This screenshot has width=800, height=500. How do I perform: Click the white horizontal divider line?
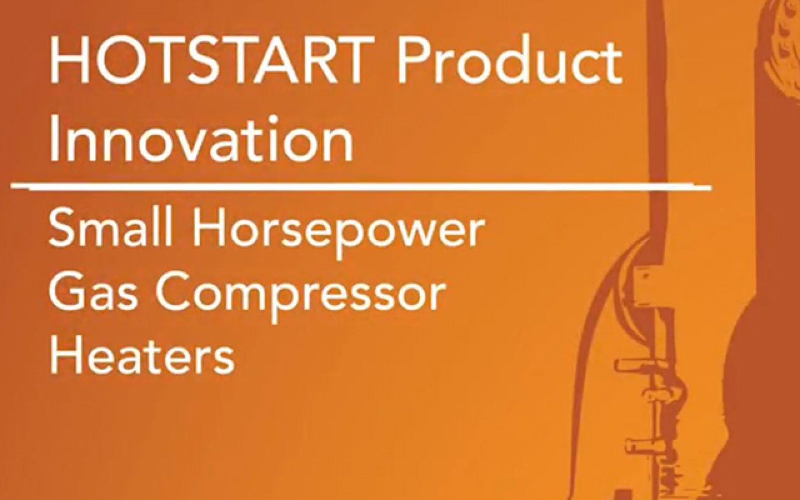(x=361, y=186)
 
